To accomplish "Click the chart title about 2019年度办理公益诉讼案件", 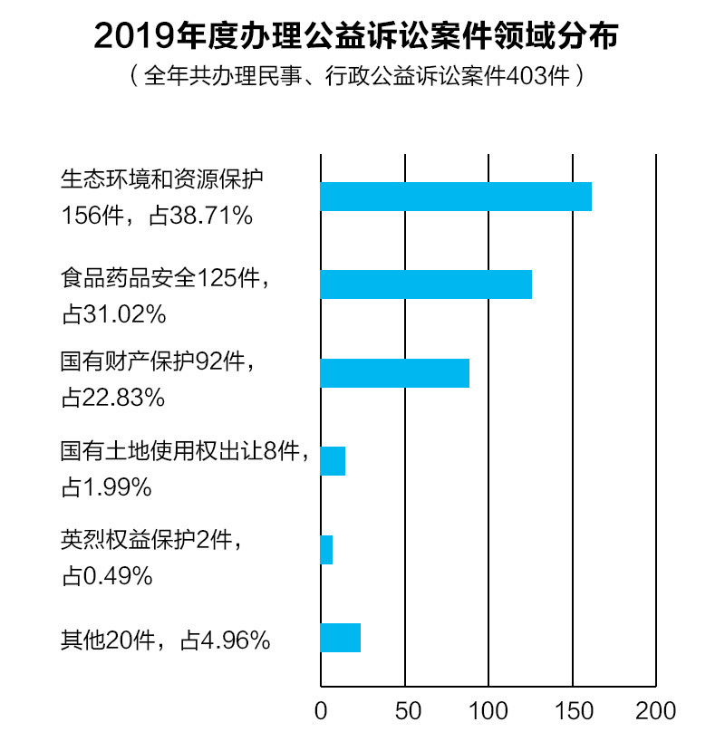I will [x=362, y=36].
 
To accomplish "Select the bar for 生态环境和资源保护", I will [x=456, y=197].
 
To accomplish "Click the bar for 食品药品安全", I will [x=426, y=284].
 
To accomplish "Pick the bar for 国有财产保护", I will [x=395, y=373].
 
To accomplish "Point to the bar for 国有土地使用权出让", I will [x=333, y=461].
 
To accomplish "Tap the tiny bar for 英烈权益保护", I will [x=326, y=550].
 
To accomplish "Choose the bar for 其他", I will [x=341, y=638].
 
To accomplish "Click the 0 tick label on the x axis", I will [x=321, y=710].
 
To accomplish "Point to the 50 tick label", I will [x=405, y=710].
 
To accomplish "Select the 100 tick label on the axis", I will [x=488, y=710].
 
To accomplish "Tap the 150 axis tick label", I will [x=573, y=710].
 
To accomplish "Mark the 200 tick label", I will [x=656, y=710].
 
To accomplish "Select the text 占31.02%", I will [x=113, y=313].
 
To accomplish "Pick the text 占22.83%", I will [x=113, y=397].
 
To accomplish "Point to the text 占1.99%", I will [x=106, y=487].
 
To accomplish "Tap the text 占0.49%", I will [x=106, y=575].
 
